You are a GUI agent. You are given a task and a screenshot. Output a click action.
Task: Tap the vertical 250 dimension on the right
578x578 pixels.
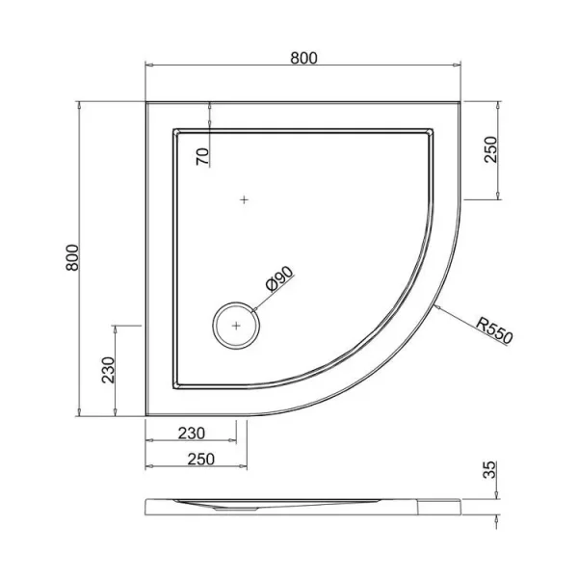490,149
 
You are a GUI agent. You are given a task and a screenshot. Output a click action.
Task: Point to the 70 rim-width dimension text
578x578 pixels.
202,157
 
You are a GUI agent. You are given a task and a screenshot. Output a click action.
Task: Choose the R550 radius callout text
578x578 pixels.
495,330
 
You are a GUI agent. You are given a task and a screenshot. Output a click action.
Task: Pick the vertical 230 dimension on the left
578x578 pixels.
109,369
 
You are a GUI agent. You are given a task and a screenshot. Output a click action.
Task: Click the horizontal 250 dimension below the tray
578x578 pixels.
196,460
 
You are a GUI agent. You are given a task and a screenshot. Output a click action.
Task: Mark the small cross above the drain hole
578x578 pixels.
245,200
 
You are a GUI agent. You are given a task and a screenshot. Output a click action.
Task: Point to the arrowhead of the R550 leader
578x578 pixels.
437,307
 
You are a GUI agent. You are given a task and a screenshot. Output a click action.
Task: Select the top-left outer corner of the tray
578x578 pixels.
146,100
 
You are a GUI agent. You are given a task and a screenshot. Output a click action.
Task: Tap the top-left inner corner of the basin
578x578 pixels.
174,129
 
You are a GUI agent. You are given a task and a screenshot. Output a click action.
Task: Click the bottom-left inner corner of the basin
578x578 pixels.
174,387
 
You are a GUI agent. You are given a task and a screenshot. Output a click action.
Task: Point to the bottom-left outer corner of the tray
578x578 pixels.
146,416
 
